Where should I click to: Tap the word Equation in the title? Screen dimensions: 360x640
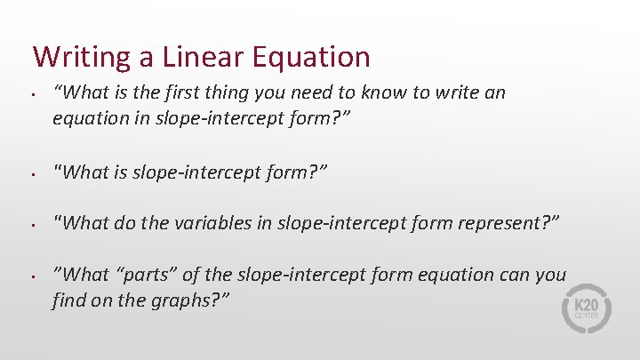(310, 58)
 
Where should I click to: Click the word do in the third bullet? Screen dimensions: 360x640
(125, 223)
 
